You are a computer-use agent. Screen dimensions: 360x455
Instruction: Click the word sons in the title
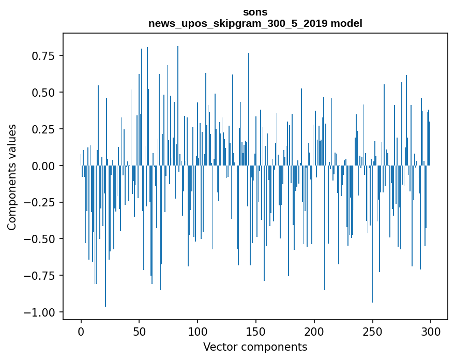click(x=255, y=12)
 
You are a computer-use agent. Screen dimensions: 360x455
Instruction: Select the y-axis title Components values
click(x=12, y=177)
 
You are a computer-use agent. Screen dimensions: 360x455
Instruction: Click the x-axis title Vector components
click(x=255, y=347)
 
